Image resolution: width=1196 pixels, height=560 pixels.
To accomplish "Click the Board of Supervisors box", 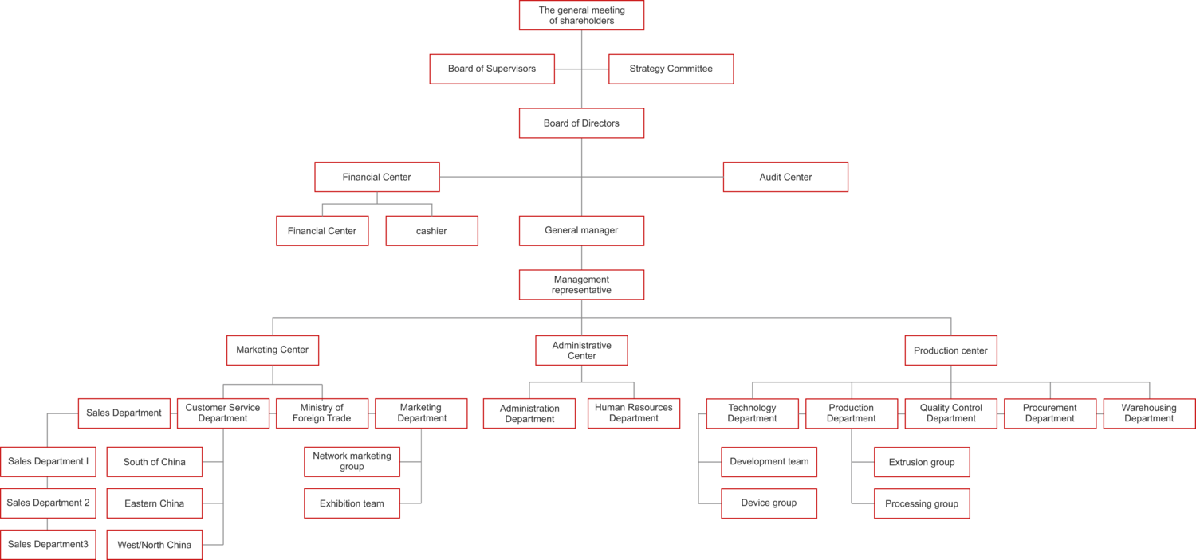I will [x=491, y=69].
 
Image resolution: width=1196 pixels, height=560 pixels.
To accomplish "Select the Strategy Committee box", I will [x=671, y=69].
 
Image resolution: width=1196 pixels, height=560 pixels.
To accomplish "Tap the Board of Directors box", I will [x=581, y=123].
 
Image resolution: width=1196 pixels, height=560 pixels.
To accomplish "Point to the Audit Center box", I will [x=785, y=177].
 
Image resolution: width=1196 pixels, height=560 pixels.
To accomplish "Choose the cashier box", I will [x=431, y=231].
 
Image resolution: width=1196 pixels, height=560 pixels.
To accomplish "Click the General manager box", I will [x=581, y=231].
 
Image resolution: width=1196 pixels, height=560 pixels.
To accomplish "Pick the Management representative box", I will [x=581, y=284].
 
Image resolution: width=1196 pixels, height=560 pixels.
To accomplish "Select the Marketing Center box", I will [x=273, y=350].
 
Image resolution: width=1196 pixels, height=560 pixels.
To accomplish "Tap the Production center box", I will [x=950, y=350].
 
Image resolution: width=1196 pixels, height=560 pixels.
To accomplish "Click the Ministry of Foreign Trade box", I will [x=322, y=413].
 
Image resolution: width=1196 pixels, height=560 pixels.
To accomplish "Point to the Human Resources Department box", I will [x=634, y=413].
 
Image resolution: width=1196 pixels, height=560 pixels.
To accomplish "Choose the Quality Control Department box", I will [x=950, y=413].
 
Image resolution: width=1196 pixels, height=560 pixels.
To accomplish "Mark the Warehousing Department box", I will [x=1149, y=413].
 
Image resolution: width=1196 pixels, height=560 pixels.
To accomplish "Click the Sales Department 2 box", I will [x=48, y=503].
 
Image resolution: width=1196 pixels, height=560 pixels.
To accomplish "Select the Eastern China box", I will [x=155, y=503].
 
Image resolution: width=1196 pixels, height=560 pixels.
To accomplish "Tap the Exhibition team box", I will [x=352, y=503].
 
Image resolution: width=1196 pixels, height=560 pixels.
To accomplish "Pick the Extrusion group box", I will [x=922, y=462].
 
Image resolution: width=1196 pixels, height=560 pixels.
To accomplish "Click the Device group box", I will [x=769, y=503].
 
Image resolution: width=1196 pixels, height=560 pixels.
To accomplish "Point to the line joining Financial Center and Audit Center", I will [x=510, y=177].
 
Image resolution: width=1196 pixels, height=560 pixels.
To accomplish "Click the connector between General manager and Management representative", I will [x=581, y=257].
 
